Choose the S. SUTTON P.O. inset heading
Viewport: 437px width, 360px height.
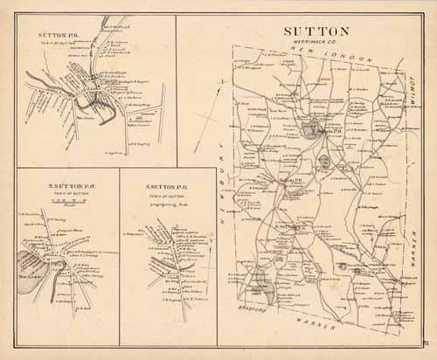pos(165,187)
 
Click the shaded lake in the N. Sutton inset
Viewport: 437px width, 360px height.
pos(24,262)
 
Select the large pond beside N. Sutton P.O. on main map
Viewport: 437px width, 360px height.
pos(310,131)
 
